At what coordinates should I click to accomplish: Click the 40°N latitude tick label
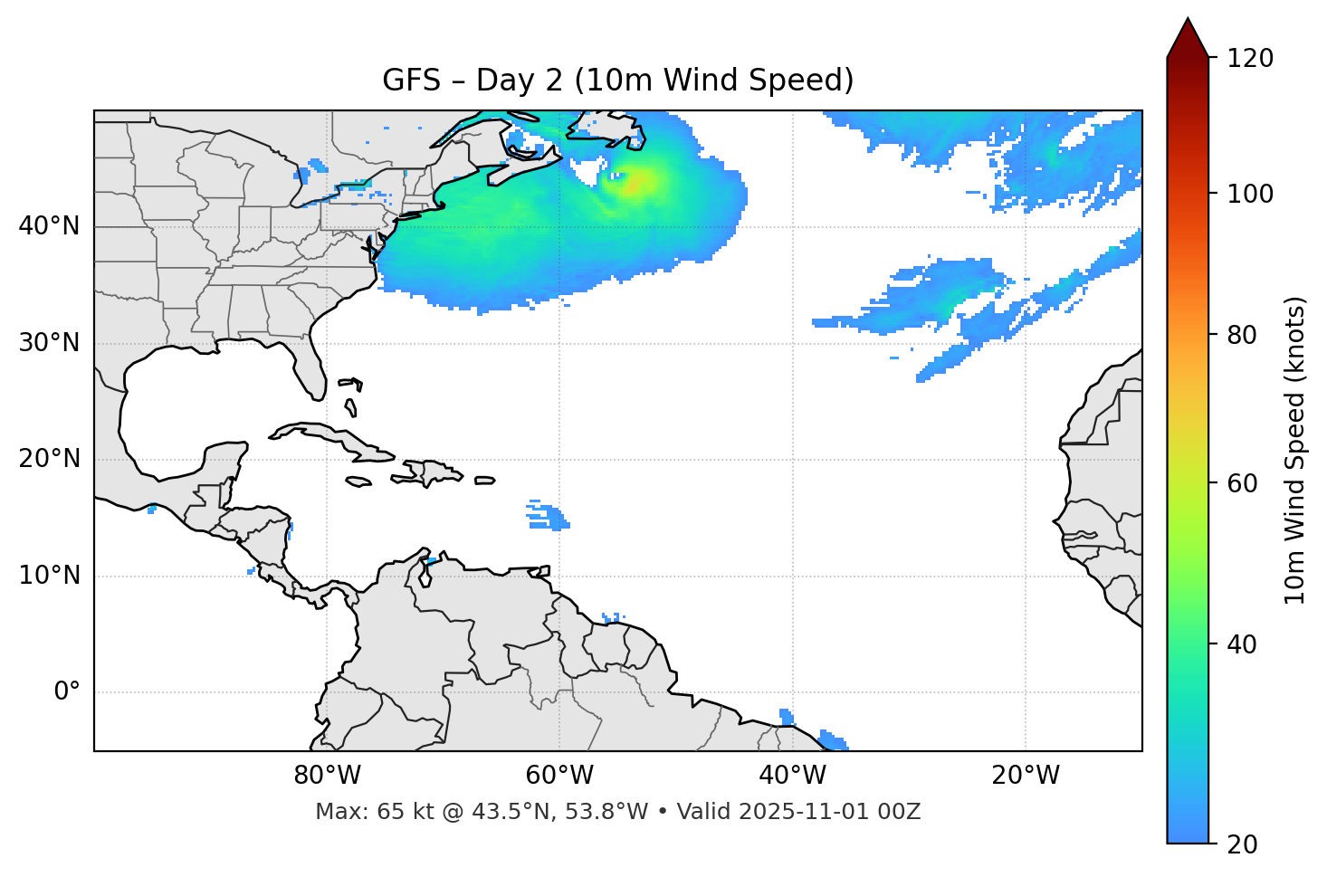pyautogui.click(x=49, y=226)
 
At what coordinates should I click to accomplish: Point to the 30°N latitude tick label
pyautogui.click(x=49, y=343)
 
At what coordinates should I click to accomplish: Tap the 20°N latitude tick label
pyautogui.click(x=49, y=459)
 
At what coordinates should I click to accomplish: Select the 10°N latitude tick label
pyautogui.click(x=49, y=576)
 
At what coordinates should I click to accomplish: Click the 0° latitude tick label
pyautogui.click(x=67, y=692)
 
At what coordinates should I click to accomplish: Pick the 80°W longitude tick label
pyautogui.click(x=327, y=776)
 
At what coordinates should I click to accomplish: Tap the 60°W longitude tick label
pyautogui.click(x=559, y=776)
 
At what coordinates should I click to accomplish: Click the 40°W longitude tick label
pyautogui.click(x=792, y=776)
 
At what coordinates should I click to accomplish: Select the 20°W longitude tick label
pyautogui.click(x=1026, y=776)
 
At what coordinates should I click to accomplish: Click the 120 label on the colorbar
pyautogui.click(x=1250, y=59)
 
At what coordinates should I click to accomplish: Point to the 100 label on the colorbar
pyautogui.click(x=1250, y=194)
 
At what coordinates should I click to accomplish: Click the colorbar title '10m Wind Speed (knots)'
pyautogui.click(x=1295, y=450)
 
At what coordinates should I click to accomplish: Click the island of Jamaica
pyautogui.click(x=358, y=481)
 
